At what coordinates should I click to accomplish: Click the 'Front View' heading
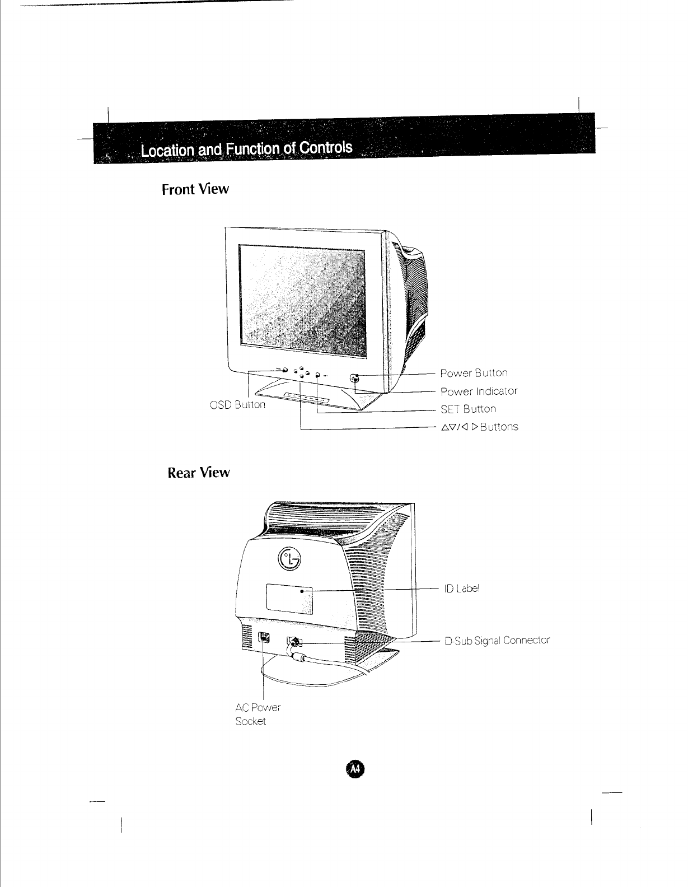tap(195, 189)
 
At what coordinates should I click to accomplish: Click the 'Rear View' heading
tap(199, 473)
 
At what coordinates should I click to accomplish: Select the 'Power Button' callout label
tap(474, 373)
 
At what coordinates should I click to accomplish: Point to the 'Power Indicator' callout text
tap(479, 391)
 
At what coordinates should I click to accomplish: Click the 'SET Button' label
tap(468, 409)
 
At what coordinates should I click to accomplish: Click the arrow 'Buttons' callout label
tap(479, 427)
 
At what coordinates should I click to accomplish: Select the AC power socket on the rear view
tap(264, 638)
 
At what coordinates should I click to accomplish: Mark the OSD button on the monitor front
tap(284, 371)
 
